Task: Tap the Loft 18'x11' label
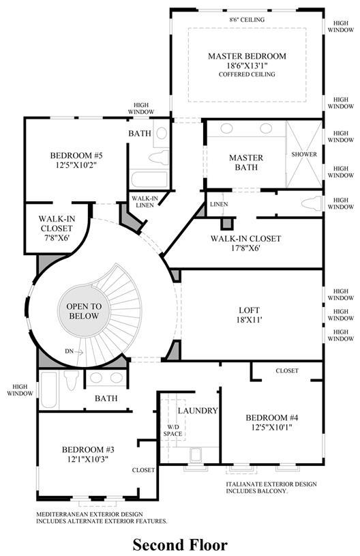click(x=249, y=314)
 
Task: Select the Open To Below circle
click(x=84, y=311)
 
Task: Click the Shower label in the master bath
click(x=304, y=154)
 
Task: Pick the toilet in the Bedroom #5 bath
click(x=159, y=157)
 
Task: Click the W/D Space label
click(x=172, y=430)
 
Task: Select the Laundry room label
click(x=198, y=411)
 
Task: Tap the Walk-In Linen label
click(x=145, y=202)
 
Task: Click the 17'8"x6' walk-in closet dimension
click(x=245, y=248)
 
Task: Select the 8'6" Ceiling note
click(x=247, y=20)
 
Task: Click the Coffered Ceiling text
click(x=247, y=74)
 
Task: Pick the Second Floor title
click(x=180, y=544)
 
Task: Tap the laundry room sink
click(x=196, y=456)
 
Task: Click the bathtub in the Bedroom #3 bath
click(x=48, y=390)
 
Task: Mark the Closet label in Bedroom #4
click(x=287, y=371)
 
